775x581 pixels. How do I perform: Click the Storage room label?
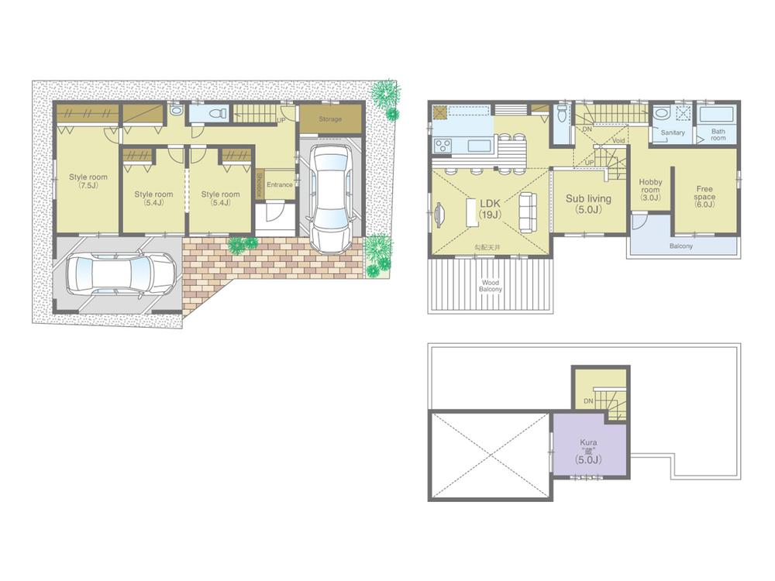tap(330, 119)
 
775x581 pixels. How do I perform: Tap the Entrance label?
tap(279, 184)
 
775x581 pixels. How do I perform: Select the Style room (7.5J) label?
tap(88, 181)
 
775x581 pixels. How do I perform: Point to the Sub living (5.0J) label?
tap(588, 203)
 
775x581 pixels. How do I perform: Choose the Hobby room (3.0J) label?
tap(649, 190)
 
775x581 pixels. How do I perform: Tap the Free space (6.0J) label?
tap(704, 193)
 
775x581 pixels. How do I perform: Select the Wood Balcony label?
tap(491, 286)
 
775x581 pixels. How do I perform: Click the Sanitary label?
tap(673, 133)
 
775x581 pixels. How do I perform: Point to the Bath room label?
tap(718, 135)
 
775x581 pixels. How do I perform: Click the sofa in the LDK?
tap(526, 213)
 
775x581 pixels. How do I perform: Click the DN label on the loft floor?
tap(588, 401)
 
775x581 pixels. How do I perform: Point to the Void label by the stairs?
tap(618, 141)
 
